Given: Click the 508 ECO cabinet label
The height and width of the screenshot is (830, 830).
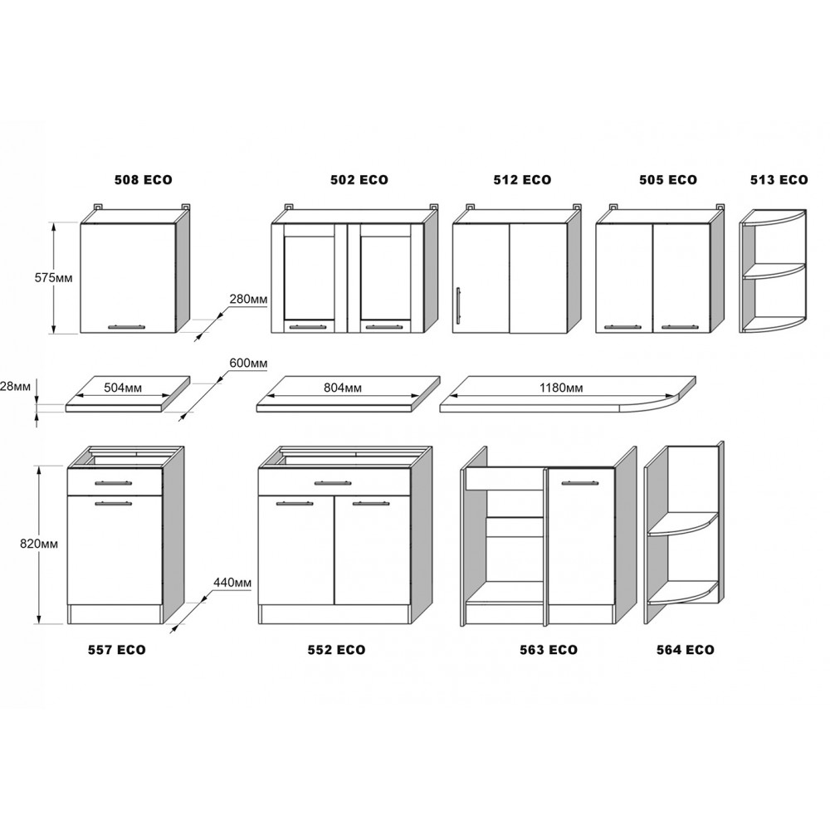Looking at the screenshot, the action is (144, 180).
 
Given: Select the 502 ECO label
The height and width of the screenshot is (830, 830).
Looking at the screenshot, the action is (359, 180).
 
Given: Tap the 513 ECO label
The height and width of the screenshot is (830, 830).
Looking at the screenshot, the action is (779, 180).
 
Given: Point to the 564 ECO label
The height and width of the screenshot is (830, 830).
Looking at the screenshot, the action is (686, 650).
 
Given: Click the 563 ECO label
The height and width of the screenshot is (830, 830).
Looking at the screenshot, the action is (549, 650).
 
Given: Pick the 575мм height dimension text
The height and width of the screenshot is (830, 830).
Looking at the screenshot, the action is (53, 277).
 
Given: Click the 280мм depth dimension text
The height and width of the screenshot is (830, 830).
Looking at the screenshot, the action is (248, 299).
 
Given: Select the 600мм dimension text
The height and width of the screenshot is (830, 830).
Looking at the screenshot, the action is (248, 364).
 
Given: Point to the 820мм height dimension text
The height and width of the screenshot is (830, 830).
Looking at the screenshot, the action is (39, 544).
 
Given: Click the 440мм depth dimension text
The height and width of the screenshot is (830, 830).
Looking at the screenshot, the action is (232, 583).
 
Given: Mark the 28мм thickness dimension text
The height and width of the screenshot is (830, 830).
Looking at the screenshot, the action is (15, 386).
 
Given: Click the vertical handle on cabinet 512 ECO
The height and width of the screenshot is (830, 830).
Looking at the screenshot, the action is (458, 305).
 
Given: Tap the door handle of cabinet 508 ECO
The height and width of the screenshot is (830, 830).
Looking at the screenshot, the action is (126, 326).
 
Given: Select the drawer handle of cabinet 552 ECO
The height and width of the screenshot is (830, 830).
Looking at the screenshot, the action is (333, 483).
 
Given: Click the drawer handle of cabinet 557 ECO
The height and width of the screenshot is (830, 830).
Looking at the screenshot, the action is (114, 482).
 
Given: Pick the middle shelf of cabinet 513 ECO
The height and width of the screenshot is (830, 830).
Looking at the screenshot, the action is (774, 271).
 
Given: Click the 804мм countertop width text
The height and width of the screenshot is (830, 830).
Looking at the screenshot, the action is (343, 388).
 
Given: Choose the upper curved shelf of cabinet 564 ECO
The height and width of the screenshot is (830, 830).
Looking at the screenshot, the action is (683, 524).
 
